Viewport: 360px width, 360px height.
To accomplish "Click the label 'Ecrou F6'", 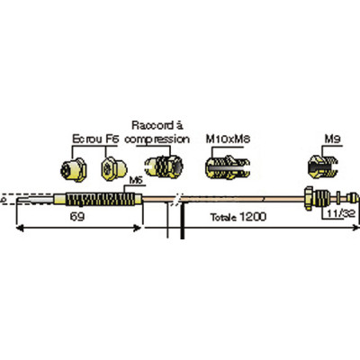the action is point(96,139).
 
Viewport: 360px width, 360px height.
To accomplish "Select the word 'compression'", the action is point(157,139).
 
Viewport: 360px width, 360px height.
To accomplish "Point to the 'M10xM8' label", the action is point(228,139).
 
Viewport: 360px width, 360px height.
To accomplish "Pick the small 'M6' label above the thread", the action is point(136,181).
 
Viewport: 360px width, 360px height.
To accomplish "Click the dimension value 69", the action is point(77,216).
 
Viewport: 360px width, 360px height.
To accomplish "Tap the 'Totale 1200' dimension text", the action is point(238,217).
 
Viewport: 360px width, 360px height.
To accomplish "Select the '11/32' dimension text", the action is point(341,213).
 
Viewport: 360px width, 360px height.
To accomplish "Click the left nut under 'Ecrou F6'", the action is point(74,170).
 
